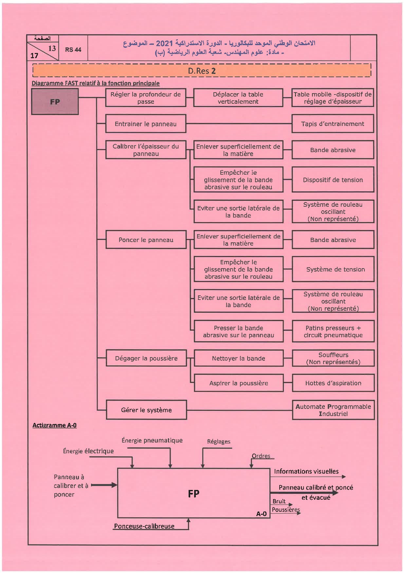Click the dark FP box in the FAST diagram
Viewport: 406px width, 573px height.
(55, 101)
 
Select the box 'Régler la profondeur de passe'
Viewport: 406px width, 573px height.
(145, 98)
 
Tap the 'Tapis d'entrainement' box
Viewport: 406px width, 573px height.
(332, 124)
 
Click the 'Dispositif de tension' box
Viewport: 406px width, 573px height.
(333, 180)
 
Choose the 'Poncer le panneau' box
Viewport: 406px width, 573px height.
(146, 240)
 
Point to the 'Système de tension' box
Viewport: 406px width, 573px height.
(333, 269)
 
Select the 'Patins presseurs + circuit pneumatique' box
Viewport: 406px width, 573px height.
(333, 331)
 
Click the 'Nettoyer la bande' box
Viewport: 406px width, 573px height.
(238, 358)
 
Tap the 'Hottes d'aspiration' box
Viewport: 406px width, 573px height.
(333, 383)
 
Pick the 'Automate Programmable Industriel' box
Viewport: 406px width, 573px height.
(333, 410)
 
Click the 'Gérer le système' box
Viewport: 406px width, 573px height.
(146, 410)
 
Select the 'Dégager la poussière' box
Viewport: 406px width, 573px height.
(146, 358)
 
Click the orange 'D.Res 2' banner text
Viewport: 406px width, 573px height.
(202, 71)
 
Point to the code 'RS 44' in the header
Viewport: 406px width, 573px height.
(73, 50)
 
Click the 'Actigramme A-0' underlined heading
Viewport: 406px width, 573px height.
(54, 425)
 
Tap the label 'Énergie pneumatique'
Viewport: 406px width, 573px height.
(152, 440)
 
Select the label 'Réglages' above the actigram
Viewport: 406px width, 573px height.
(218, 442)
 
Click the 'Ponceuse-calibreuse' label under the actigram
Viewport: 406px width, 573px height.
(144, 526)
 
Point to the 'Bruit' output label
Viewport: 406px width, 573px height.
(279, 501)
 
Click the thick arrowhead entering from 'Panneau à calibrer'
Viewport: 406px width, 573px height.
(114, 485)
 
